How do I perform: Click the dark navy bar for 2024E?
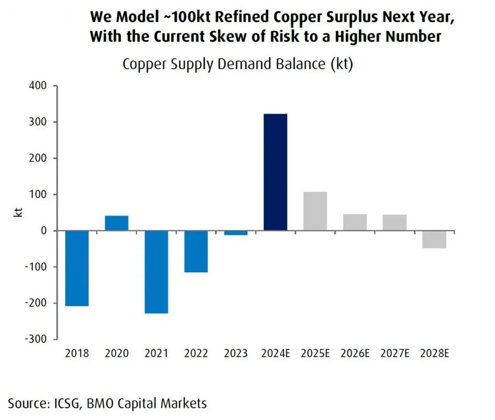click(x=275, y=172)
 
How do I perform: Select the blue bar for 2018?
click(x=77, y=268)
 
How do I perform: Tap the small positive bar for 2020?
click(x=116, y=223)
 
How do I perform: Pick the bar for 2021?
click(x=156, y=272)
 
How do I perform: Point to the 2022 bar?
click(x=196, y=251)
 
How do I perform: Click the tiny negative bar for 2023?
click(x=236, y=233)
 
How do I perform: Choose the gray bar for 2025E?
click(x=315, y=211)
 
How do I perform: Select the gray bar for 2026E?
click(x=355, y=222)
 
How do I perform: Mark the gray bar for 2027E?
click(x=394, y=222)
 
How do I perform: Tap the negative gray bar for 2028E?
click(x=434, y=239)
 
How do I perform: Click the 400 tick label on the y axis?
click(x=38, y=86)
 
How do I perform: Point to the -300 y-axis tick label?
click(x=36, y=339)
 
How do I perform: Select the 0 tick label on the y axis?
click(x=44, y=231)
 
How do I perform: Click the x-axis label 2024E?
click(x=276, y=354)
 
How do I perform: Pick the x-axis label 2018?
click(x=77, y=354)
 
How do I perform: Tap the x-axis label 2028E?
click(x=434, y=354)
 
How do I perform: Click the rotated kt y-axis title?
click(x=18, y=212)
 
